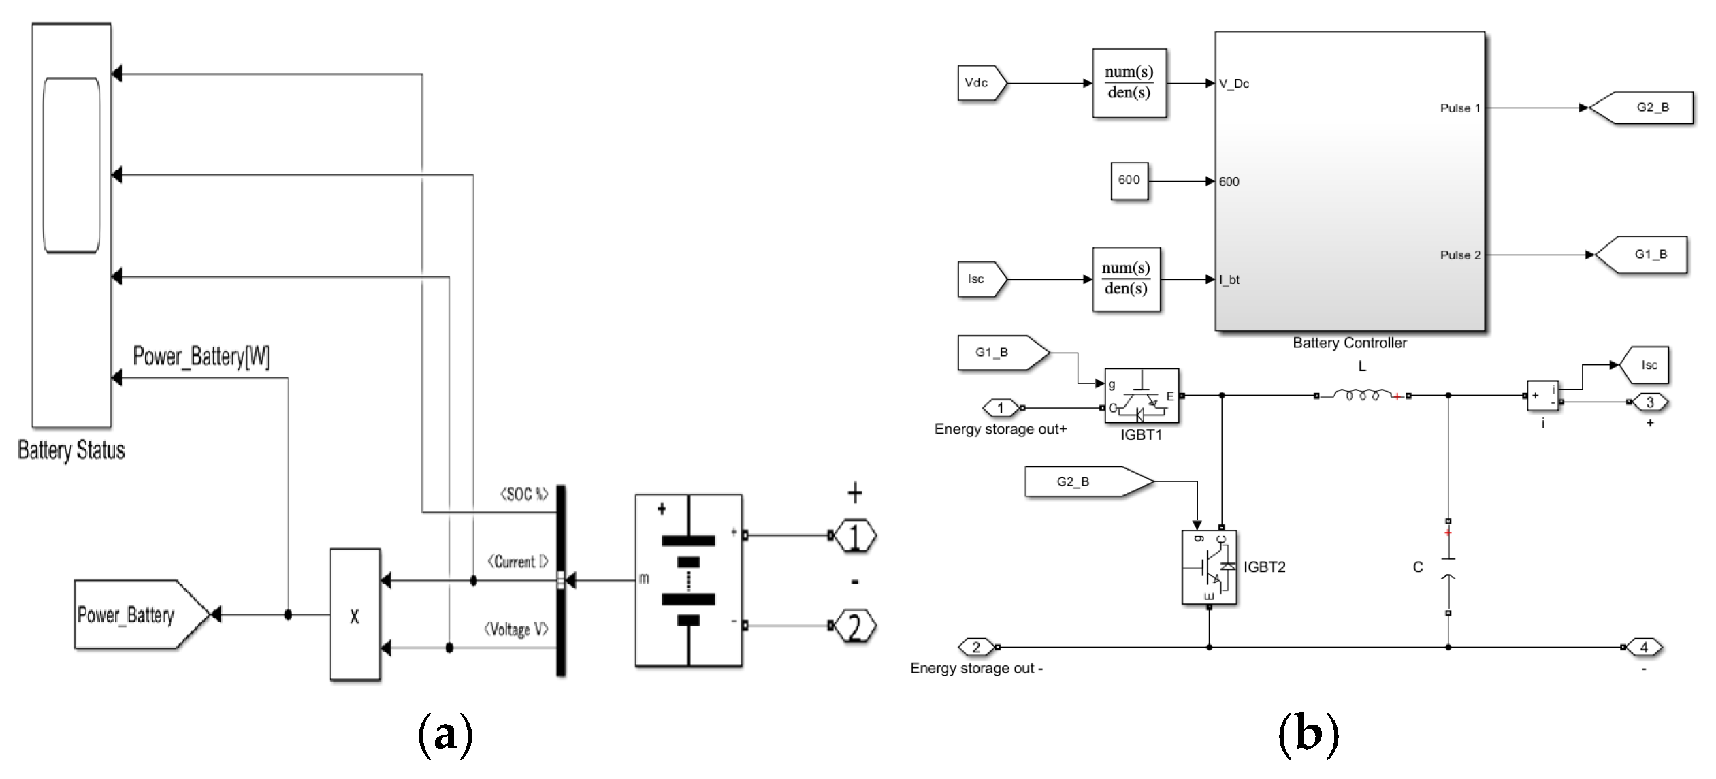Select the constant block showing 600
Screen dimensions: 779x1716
(1129, 180)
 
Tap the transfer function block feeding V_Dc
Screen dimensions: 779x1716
(1129, 83)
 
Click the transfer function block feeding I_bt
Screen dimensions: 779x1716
(1126, 279)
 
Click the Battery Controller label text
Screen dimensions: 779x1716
(1349, 343)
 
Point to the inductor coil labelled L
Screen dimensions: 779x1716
(1361, 395)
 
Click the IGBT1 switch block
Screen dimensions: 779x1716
(1142, 396)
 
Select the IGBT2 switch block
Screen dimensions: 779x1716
(1209, 567)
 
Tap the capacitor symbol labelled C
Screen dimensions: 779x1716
(1448, 568)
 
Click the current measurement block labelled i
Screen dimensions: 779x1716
(1542, 396)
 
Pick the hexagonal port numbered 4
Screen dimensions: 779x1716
(1644, 647)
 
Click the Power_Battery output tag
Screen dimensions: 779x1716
(136, 615)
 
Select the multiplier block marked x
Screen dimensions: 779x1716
(355, 614)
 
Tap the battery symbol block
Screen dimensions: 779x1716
(688, 580)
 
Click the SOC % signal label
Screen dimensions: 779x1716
(524, 494)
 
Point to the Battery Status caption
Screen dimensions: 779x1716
(71, 450)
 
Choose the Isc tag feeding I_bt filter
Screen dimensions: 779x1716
(979, 279)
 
